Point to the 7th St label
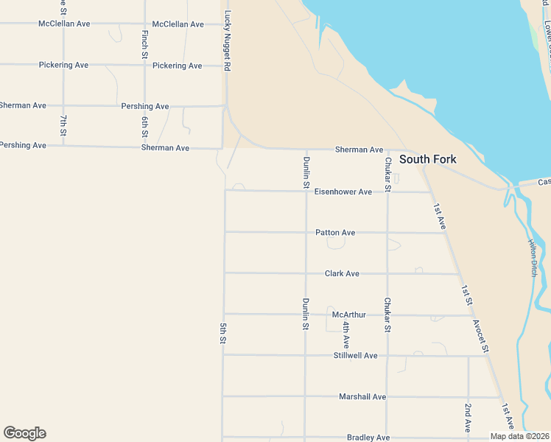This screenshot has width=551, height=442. click(x=64, y=126)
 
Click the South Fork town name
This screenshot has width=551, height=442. click(x=427, y=159)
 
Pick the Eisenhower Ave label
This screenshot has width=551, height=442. click(x=343, y=192)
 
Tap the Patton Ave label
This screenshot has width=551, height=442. click(x=335, y=233)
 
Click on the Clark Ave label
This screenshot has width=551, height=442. click(x=342, y=274)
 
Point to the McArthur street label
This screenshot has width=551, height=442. click(x=349, y=315)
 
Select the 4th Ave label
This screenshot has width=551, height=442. click(x=345, y=334)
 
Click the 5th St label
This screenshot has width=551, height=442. click(x=222, y=334)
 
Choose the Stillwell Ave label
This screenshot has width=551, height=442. click(x=355, y=356)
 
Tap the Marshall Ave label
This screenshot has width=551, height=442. click(x=362, y=397)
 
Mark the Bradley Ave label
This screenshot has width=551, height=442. click(x=368, y=438)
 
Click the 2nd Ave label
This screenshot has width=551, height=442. click(x=468, y=418)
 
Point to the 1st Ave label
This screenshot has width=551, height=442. click(x=440, y=217)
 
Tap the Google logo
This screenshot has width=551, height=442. click(x=24, y=433)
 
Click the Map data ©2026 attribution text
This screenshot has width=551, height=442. click(x=519, y=436)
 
